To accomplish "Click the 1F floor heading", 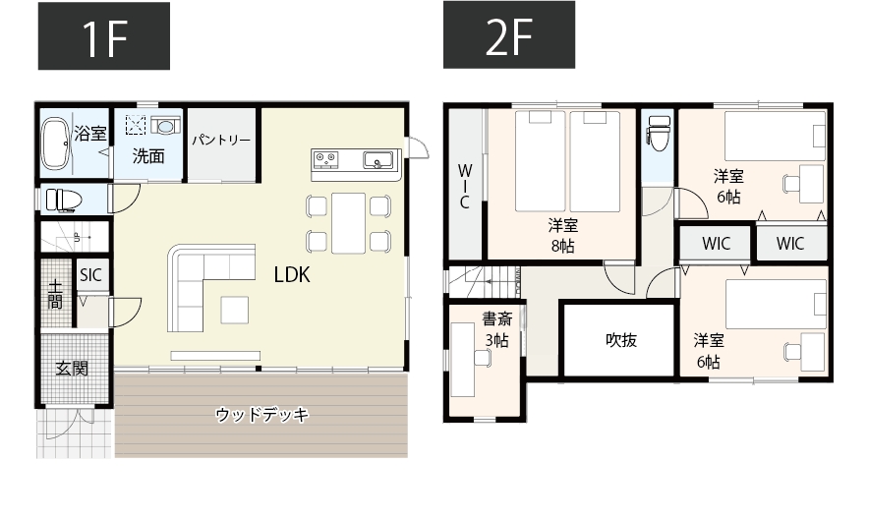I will tap(103, 36).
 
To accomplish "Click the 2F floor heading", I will tap(509, 36).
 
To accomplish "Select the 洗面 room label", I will tap(148, 155).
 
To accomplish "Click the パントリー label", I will tap(221, 141).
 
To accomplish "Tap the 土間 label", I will tap(55, 295).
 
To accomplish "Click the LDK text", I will tap(292, 276).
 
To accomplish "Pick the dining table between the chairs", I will tap(349, 222).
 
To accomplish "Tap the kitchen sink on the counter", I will tap(377, 160).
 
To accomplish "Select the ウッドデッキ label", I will tap(261, 415).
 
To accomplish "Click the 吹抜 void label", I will tap(620, 340).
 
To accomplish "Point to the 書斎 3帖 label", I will tap(495, 329).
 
